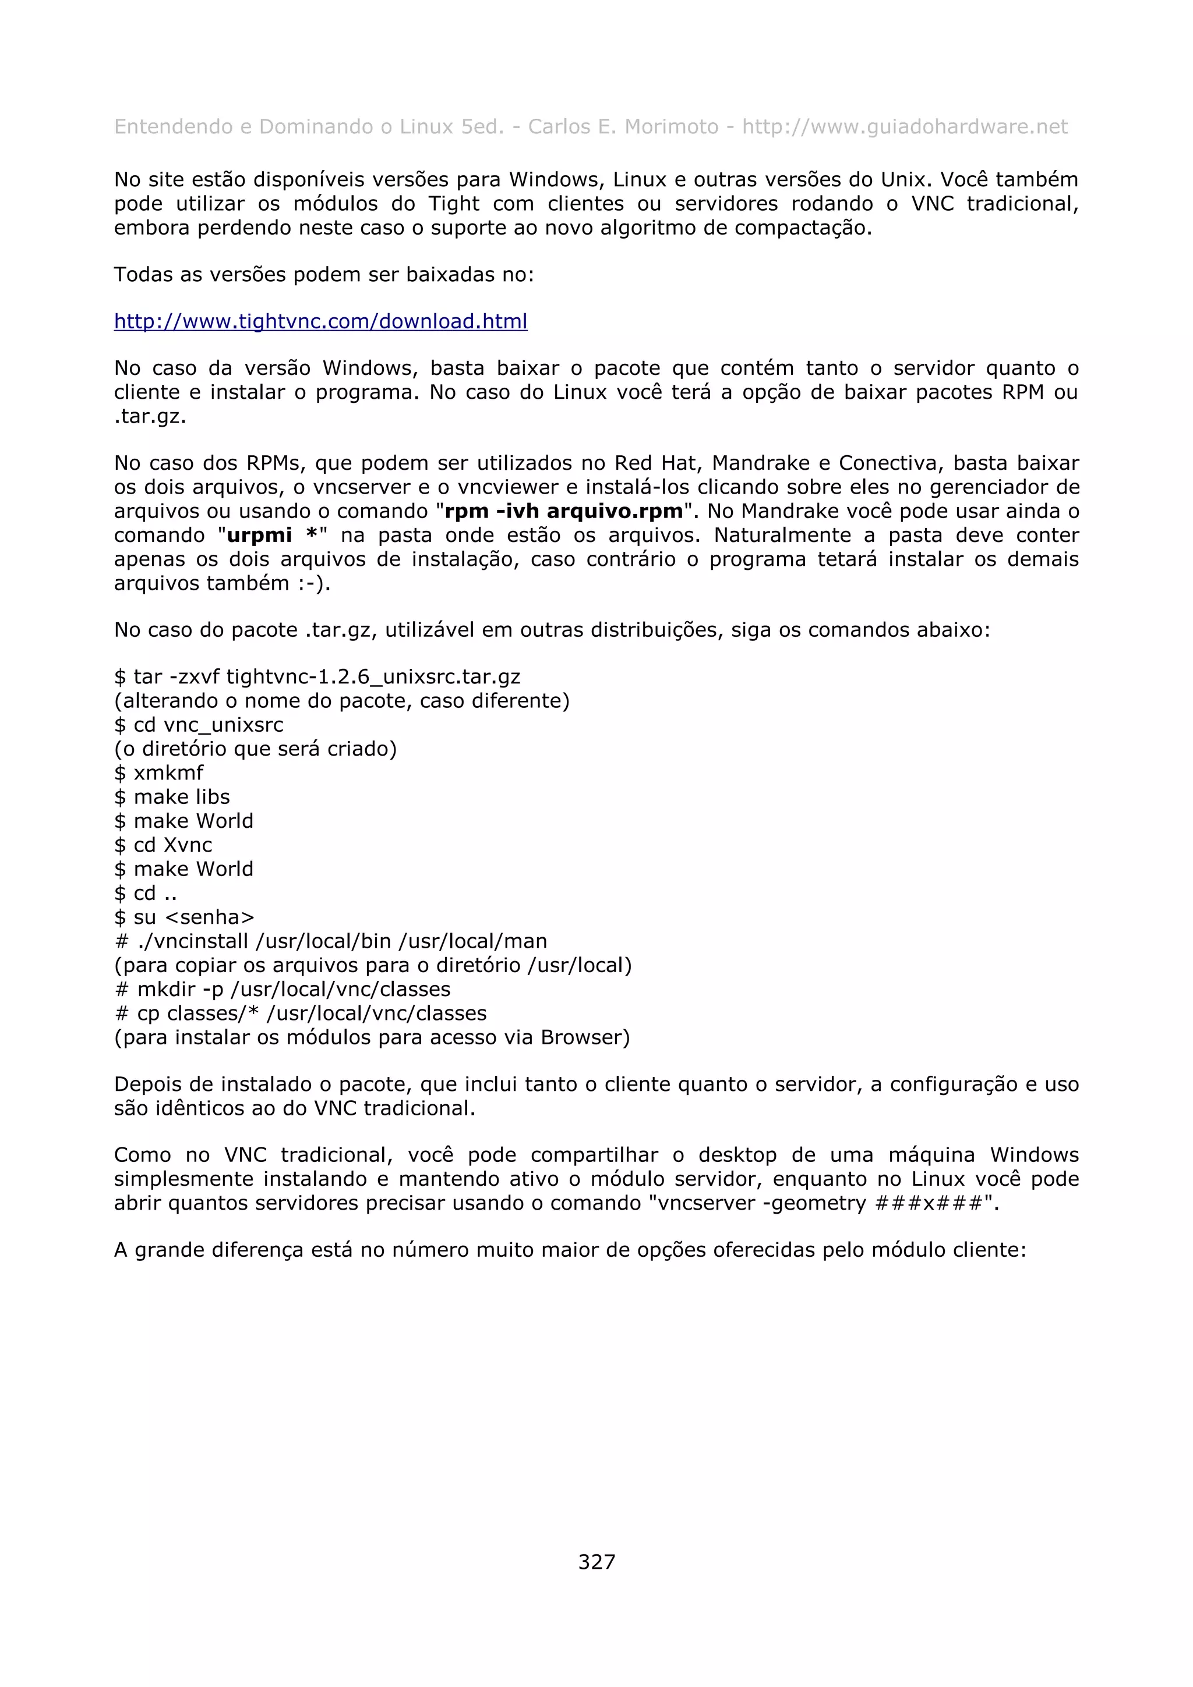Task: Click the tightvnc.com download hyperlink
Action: click(x=320, y=322)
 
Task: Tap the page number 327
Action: click(x=596, y=1561)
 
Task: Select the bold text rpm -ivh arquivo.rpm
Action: click(x=564, y=511)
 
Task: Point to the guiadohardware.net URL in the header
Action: click(x=905, y=127)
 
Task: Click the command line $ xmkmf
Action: click(x=159, y=773)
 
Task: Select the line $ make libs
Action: click(x=172, y=797)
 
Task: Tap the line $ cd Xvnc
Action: click(x=163, y=845)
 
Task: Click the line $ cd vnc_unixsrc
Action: click(x=199, y=725)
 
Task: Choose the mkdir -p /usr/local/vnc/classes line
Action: click(x=283, y=990)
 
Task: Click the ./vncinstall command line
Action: click(x=331, y=942)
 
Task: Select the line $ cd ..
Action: click(x=146, y=894)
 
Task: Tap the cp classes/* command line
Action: click(x=301, y=1014)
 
